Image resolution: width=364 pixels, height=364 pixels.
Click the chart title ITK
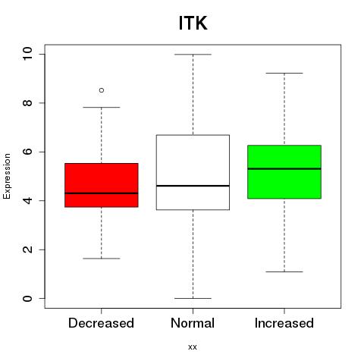click(193, 23)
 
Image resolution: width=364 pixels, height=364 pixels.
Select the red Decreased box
click(102, 185)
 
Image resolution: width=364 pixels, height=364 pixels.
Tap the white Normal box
click(193, 172)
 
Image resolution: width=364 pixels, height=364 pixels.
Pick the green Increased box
click(284, 172)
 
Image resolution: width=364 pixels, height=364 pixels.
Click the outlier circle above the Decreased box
click(102, 90)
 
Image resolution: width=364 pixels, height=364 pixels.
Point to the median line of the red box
click(102, 193)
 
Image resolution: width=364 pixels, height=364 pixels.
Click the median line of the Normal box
click(193, 186)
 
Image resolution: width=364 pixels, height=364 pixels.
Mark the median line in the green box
click(284, 168)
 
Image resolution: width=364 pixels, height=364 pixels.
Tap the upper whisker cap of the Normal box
click(193, 55)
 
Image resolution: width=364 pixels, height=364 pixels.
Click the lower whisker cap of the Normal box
click(193, 298)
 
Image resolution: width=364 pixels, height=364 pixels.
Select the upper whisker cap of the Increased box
click(284, 73)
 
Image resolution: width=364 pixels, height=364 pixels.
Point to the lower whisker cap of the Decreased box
click(102, 259)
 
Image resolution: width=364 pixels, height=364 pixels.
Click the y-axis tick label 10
click(27, 54)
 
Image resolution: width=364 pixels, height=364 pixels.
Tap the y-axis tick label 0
click(27, 299)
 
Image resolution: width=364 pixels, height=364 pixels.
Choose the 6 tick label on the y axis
click(27, 152)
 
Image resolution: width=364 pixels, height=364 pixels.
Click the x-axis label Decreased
click(101, 323)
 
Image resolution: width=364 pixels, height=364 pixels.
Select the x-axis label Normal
click(193, 323)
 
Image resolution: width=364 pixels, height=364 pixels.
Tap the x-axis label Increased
click(284, 323)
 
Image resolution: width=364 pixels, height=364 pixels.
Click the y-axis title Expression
click(7, 176)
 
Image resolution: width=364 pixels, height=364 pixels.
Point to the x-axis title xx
click(193, 347)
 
